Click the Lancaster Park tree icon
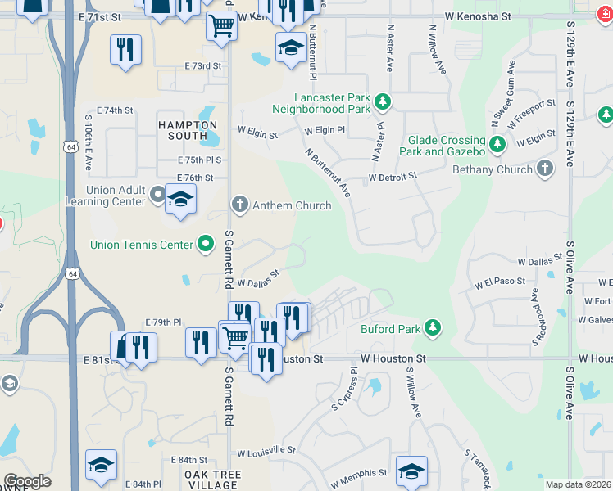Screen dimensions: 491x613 click(x=382, y=101)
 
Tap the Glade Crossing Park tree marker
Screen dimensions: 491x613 click(x=497, y=145)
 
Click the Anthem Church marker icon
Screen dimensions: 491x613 click(x=239, y=205)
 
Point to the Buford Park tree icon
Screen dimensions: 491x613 click(x=432, y=329)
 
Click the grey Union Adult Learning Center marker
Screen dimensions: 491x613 click(x=157, y=195)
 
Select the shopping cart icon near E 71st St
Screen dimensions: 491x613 click(x=221, y=26)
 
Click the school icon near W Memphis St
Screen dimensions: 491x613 click(x=411, y=471)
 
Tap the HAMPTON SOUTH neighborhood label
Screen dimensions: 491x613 click(x=188, y=130)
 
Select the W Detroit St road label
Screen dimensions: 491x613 click(x=393, y=176)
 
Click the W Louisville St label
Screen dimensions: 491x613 click(x=266, y=451)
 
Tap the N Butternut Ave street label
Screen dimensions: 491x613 click(x=328, y=173)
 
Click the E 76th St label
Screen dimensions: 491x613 click(x=195, y=177)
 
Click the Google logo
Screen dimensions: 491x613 click(x=27, y=481)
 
